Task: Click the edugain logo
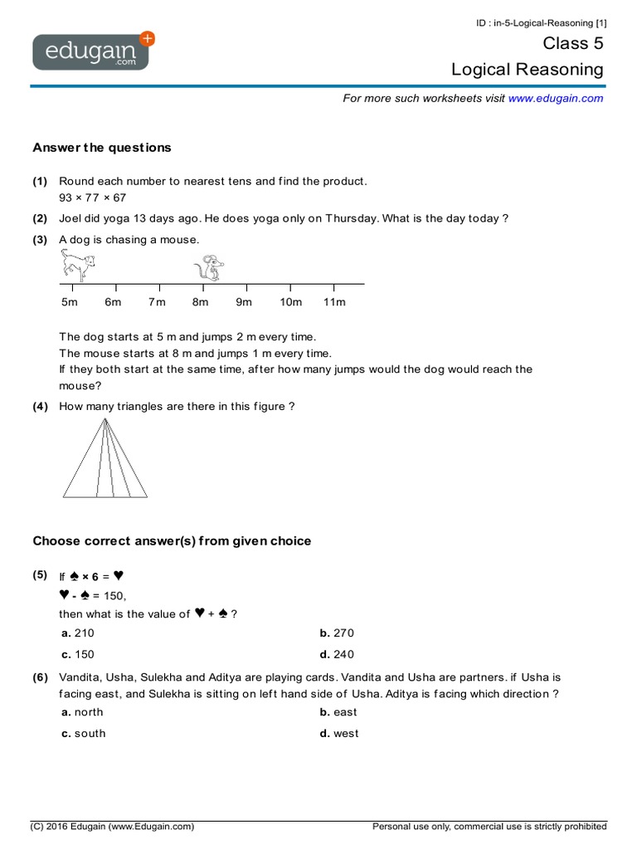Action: point(92,51)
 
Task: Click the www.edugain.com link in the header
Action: point(556,98)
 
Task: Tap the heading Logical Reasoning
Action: point(528,70)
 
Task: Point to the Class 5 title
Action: point(573,43)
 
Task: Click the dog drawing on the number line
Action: point(77,266)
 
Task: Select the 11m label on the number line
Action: point(334,302)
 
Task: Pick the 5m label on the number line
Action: point(69,302)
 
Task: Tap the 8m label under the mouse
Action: point(200,302)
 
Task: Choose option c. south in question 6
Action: point(84,734)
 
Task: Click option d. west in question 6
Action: point(339,734)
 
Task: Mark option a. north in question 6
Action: point(82,712)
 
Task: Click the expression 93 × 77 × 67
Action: point(93,198)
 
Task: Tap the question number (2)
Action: point(40,218)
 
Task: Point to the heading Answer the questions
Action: point(102,148)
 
